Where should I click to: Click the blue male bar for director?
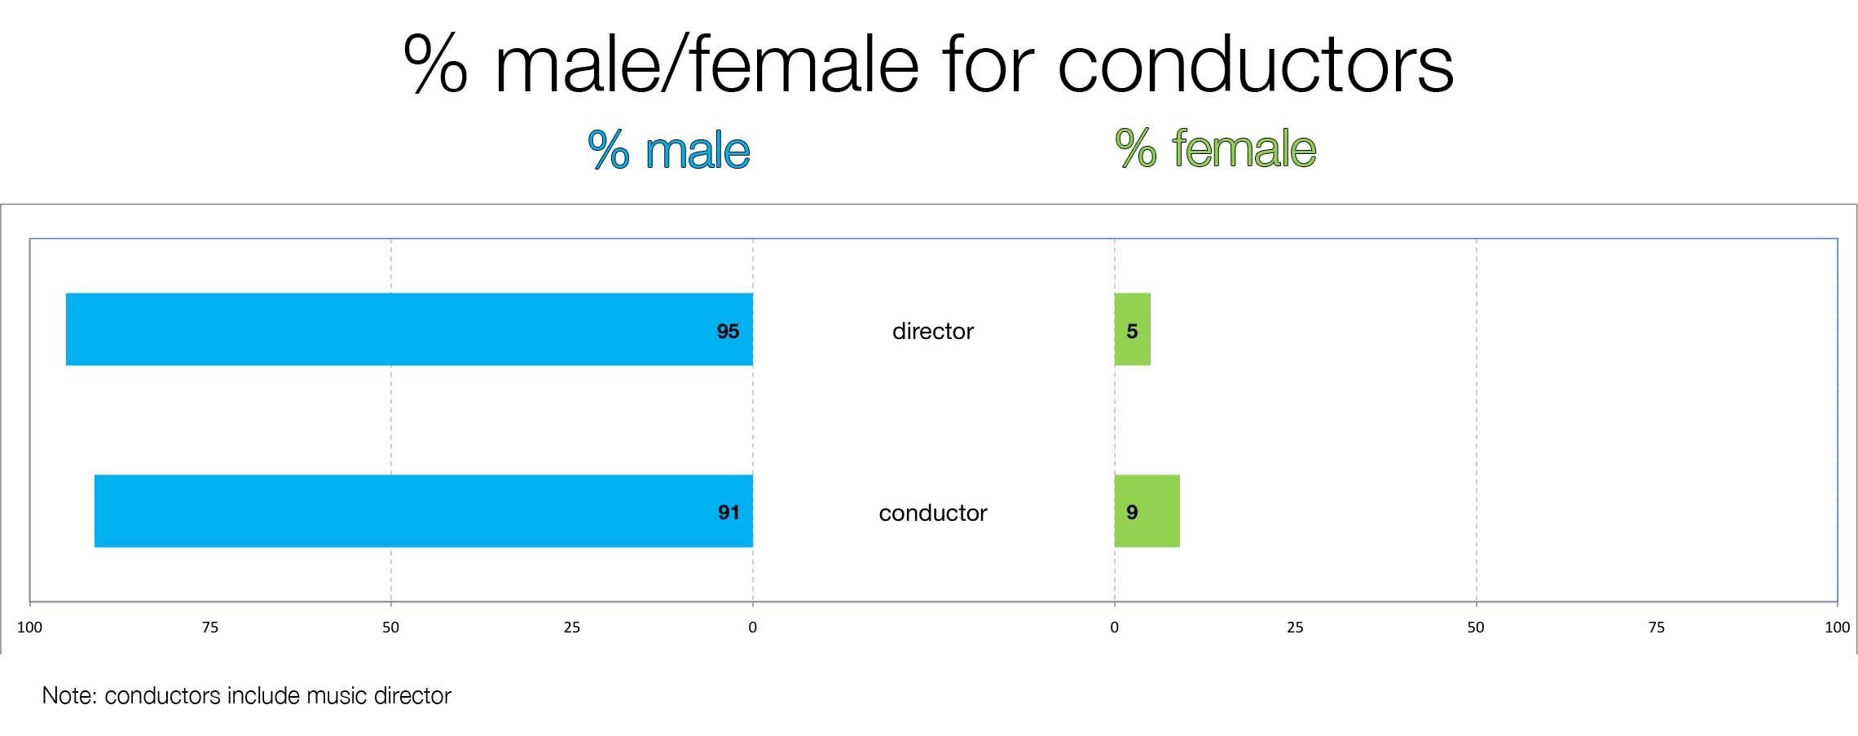tap(409, 329)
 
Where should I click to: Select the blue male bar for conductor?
tap(424, 511)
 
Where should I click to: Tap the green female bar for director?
tap(1133, 329)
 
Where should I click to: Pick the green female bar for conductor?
tap(1147, 511)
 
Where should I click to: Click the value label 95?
tap(728, 331)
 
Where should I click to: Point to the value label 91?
tap(729, 512)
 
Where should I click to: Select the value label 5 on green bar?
tap(1132, 331)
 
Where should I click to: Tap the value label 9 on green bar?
tap(1132, 512)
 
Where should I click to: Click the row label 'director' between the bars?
tap(933, 331)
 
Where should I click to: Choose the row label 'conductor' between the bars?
tap(933, 513)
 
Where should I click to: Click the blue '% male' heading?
tap(669, 150)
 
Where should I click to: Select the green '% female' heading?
tap(1216, 148)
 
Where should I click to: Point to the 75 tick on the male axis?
tap(210, 628)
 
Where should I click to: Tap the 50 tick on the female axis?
tap(1476, 628)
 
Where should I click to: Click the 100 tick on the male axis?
tap(29, 628)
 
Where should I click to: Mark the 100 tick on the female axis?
tap(1838, 628)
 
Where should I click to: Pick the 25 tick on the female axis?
tap(1295, 628)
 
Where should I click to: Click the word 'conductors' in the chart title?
tap(1256, 64)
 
